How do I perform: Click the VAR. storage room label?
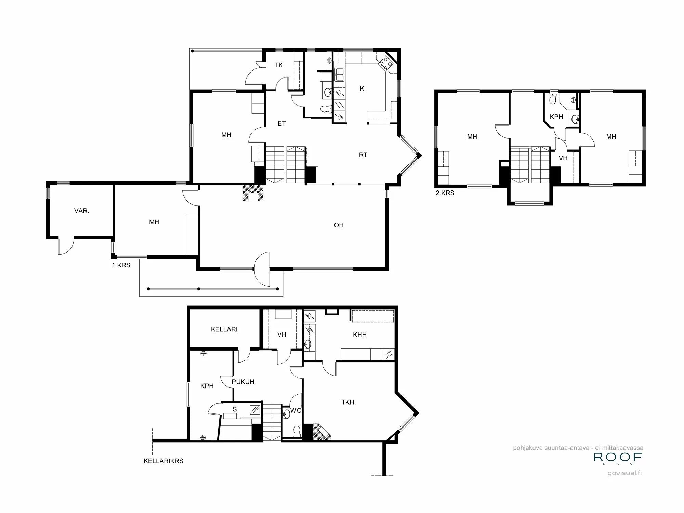click(x=81, y=211)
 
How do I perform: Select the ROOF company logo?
click(x=617, y=458)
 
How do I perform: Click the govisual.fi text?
click(x=624, y=473)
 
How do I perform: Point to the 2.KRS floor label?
click(x=445, y=193)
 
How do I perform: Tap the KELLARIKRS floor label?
click(x=163, y=461)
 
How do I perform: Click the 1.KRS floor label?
click(x=121, y=265)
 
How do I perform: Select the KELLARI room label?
click(x=224, y=329)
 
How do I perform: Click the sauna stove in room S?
click(x=255, y=410)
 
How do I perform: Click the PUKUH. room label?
click(x=244, y=382)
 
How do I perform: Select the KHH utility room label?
click(x=359, y=335)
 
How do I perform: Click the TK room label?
click(x=279, y=65)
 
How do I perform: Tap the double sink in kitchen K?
click(x=339, y=75)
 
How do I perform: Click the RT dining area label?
click(x=363, y=155)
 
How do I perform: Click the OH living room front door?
click(x=263, y=269)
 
